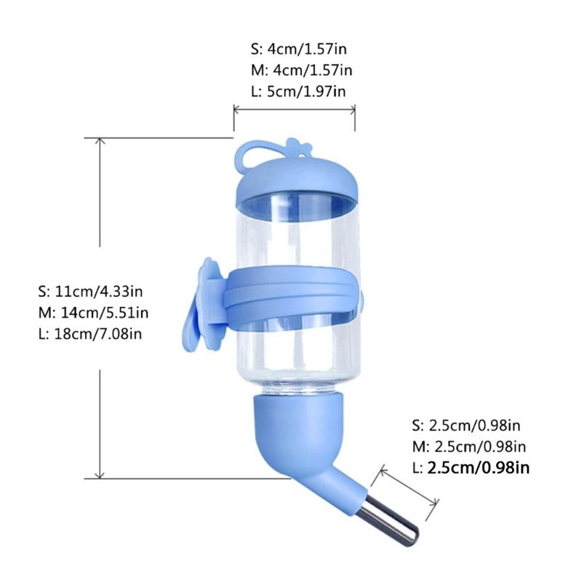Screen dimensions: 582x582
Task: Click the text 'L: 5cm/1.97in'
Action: coord(298,91)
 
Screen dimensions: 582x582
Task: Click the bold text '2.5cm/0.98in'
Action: coord(479,468)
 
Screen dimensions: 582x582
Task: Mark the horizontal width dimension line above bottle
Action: coord(294,110)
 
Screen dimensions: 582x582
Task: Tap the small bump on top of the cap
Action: coord(294,145)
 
